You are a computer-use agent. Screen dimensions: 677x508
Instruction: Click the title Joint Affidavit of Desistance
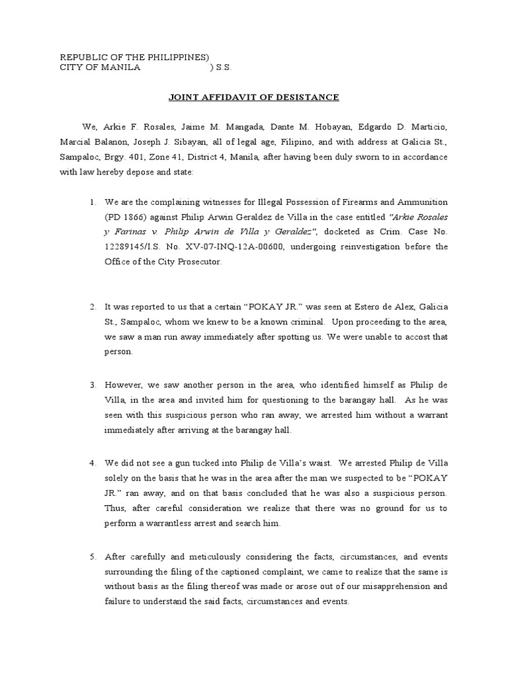pos(254,97)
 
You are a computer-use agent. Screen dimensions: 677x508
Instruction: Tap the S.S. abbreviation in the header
pos(224,68)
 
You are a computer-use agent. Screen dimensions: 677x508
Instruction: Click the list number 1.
pos(93,202)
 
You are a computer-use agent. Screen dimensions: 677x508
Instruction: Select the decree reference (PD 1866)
pos(127,217)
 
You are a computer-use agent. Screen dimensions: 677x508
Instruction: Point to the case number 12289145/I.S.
pos(136,247)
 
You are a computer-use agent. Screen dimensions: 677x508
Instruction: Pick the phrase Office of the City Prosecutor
pos(165,262)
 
